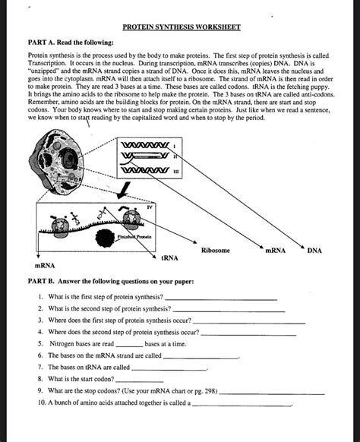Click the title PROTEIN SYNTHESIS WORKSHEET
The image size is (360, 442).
[181, 27]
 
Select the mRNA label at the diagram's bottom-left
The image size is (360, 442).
[44, 267]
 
